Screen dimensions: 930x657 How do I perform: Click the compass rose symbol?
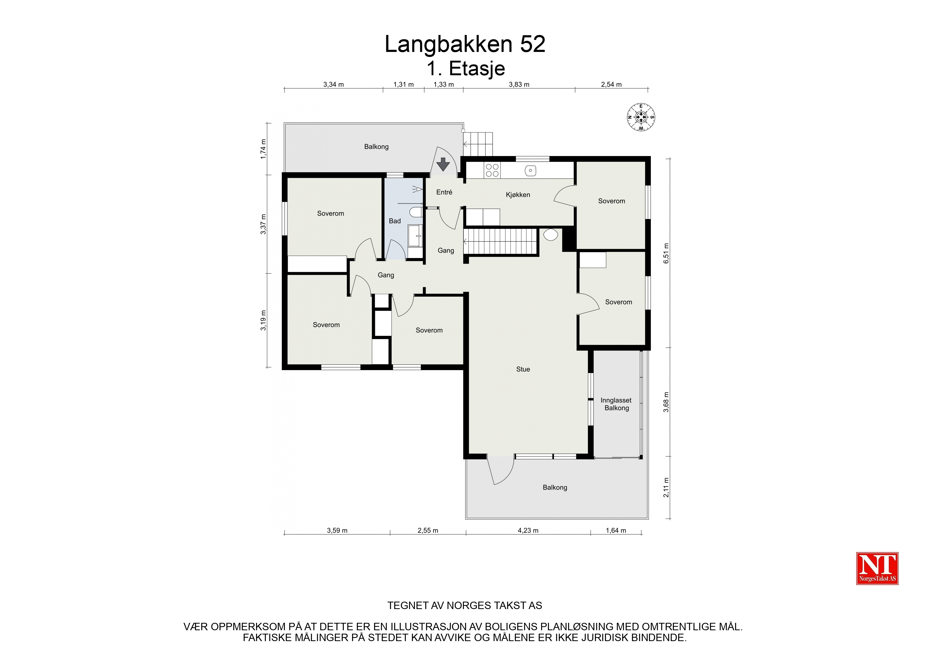click(x=641, y=117)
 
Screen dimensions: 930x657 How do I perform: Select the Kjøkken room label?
click(x=518, y=195)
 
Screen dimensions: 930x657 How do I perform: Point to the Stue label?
click(x=523, y=369)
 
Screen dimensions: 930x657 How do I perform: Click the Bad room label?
click(x=394, y=221)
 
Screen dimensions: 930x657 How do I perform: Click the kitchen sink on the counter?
click(x=530, y=170)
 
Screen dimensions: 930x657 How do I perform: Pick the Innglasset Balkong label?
click(x=616, y=404)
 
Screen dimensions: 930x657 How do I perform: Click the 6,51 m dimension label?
click(x=666, y=254)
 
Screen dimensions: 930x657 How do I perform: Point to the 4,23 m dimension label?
click(x=528, y=530)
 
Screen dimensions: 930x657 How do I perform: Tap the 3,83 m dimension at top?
click(x=519, y=85)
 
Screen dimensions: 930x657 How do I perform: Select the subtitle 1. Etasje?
click(x=466, y=69)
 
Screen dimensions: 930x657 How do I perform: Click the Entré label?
click(x=444, y=192)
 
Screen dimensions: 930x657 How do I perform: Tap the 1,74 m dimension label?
click(x=263, y=149)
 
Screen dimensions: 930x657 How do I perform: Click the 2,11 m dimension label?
click(x=666, y=487)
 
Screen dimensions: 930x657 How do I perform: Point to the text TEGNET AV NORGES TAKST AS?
click(x=464, y=606)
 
